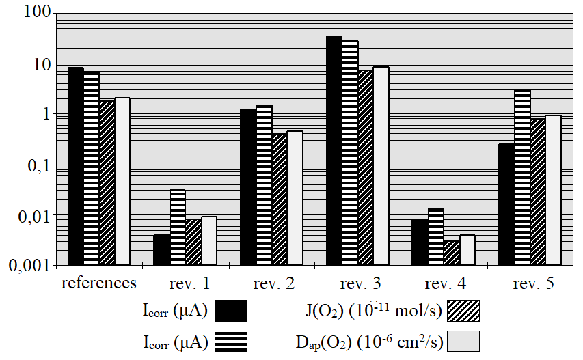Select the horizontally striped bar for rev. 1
pos(178,227)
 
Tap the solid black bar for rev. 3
pos(334,150)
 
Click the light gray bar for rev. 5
pos(553,190)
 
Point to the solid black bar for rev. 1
pos(161,249)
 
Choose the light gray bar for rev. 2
pos(295,197)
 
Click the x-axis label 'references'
pos(99,283)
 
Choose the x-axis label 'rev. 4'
pos(444,283)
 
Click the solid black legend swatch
pos(231,311)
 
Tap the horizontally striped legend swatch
pos(231,341)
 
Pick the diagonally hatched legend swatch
pos(463,311)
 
